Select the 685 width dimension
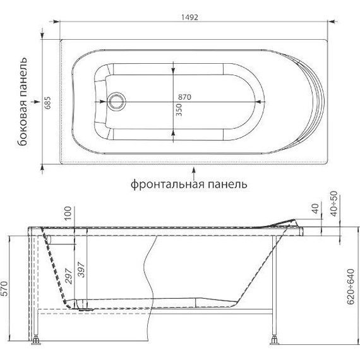tap(47, 104)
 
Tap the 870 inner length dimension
tap(184, 97)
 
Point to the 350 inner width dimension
tap(179, 112)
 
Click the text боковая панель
tap(23, 104)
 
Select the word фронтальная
tap(166, 184)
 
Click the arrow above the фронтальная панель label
tap(195, 171)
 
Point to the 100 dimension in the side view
tap(68, 215)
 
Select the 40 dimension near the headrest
tap(315, 208)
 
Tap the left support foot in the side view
tap(36, 343)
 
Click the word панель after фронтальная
tap(224, 184)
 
